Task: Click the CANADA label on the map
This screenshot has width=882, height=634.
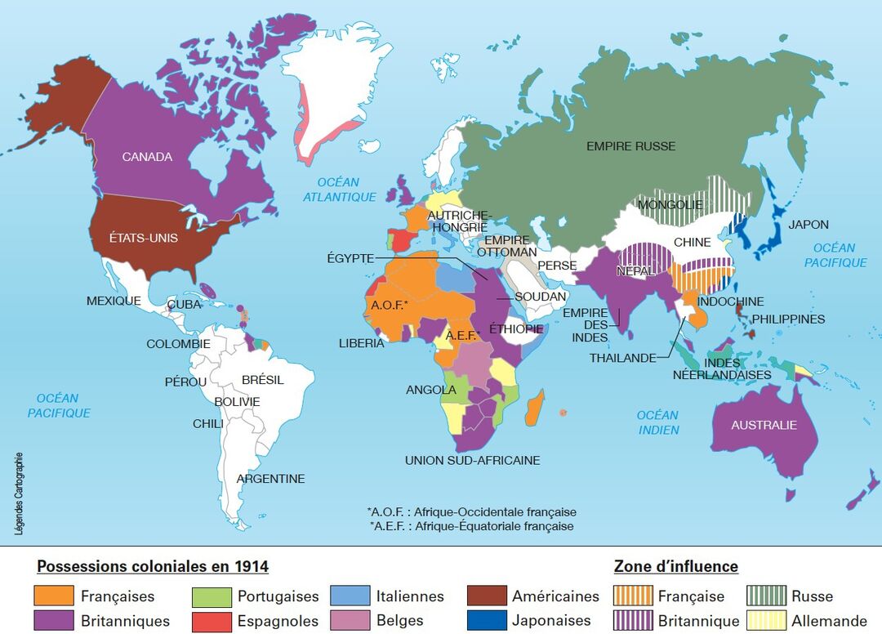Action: [147, 156]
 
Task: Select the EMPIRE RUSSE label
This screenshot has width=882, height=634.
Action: [630, 146]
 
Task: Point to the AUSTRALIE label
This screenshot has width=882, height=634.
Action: [764, 425]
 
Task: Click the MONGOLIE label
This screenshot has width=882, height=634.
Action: [670, 204]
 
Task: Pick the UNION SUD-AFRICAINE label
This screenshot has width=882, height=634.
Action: [472, 460]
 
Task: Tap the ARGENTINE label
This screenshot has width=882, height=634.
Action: [270, 479]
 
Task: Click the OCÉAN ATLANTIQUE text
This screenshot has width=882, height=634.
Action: [340, 190]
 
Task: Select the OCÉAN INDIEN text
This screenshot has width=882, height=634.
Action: [658, 422]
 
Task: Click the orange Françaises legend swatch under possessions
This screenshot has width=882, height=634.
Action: [53, 596]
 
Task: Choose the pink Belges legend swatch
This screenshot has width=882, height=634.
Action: [350, 621]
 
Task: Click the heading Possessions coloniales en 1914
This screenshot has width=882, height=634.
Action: [153, 566]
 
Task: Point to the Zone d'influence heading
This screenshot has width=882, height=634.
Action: [675, 566]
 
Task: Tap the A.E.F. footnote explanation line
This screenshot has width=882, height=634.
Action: [471, 526]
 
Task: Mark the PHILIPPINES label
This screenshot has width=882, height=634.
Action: [788, 319]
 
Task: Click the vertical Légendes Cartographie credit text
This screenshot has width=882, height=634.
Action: [18, 494]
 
